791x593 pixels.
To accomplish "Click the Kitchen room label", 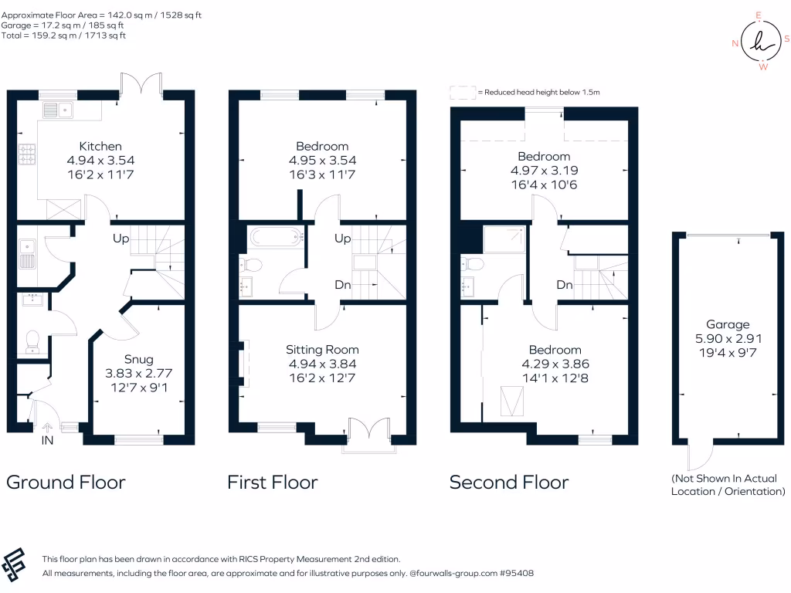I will click(x=100, y=146).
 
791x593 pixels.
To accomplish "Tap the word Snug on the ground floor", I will click(x=139, y=359).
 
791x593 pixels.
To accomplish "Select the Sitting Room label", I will click(x=322, y=349).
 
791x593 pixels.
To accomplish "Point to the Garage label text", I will click(x=727, y=324).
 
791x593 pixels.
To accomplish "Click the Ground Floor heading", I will click(x=66, y=483).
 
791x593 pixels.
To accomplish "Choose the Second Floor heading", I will click(x=509, y=483).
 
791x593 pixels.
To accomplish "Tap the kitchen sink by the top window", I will click(x=59, y=110).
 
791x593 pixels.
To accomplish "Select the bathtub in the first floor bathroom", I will click(x=277, y=236).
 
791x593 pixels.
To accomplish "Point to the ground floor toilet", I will click(x=32, y=340).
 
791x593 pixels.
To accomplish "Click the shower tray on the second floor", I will click(x=505, y=240).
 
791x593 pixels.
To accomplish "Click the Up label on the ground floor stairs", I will click(x=121, y=239).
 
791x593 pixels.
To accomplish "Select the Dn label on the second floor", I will click(x=565, y=285).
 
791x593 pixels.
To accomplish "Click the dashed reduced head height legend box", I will click(x=462, y=93).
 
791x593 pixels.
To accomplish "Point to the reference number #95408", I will click(x=514, y=574).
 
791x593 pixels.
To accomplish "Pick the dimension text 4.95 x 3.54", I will click(x=322, y=161).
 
